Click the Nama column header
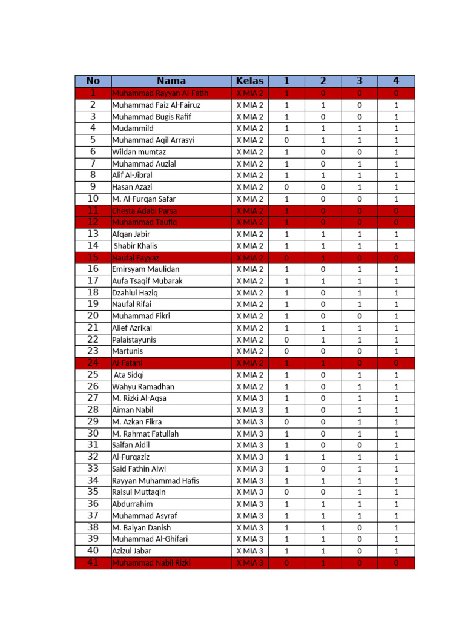coord(171,81)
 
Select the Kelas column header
coord(249,81)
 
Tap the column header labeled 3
coord(359,81)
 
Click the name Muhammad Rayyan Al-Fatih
coord(160,93)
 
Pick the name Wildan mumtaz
coord(139,152)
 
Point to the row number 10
coord(93,199)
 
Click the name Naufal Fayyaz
coord(135,257)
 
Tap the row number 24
coord(93,363)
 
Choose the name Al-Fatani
coord(127,363)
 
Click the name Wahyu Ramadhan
coord(143,387)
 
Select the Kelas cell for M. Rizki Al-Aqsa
coord(249,398)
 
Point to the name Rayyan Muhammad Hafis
coord(155,481)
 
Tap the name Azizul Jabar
coord(131,551)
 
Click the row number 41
coord(93,562)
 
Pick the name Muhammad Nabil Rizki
coord(151,562)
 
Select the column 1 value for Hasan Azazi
coord(286,187)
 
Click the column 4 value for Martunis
coord(396,351)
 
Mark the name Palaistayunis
coord(134,340)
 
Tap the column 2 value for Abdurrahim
coord(323,504)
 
